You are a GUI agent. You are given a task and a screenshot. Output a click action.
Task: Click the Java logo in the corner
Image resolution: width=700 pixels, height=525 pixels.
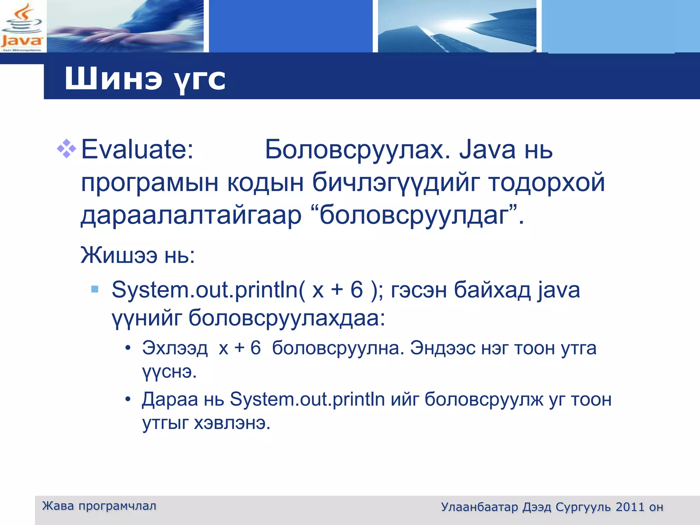[22, 27]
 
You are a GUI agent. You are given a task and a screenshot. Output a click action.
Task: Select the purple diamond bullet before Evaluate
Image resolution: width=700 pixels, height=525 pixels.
[66, 149]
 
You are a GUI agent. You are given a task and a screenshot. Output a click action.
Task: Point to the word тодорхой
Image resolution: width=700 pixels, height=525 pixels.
[546, 183]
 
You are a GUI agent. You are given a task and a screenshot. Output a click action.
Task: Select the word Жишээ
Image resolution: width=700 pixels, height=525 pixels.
[119, 255]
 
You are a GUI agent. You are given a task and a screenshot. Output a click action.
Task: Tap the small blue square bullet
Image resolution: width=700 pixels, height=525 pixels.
[95, 290]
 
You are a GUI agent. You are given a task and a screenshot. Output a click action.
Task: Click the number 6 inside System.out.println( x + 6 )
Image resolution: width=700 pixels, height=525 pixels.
[356, 290]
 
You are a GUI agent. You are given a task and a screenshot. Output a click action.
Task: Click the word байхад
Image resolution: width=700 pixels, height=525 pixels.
[492, 290]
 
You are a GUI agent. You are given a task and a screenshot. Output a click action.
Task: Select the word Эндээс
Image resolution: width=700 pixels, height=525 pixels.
[443, 348]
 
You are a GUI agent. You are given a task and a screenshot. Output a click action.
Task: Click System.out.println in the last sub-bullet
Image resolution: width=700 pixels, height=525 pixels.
[307, 399]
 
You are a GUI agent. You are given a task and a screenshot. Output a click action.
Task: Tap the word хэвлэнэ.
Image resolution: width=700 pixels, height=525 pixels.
[232, 423]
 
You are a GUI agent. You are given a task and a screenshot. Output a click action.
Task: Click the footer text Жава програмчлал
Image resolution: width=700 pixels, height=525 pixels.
[99, 506]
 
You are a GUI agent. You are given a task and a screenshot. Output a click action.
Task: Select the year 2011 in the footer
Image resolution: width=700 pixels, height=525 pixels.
[630, 507]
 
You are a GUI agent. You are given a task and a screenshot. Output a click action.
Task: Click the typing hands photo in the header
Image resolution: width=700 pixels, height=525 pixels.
[125, 27]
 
